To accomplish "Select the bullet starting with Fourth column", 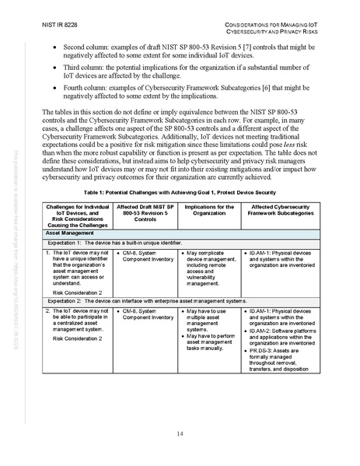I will point(187,96).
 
